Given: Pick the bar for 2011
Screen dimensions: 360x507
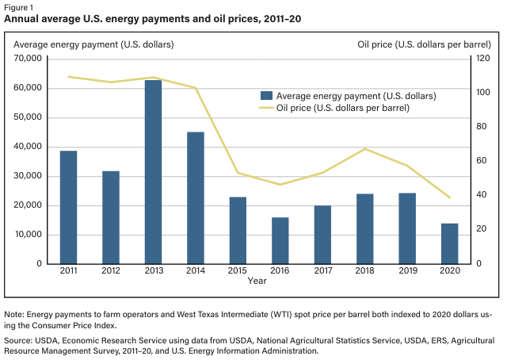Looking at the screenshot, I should click(x=68, y=207).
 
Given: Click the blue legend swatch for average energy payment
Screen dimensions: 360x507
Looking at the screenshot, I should click(x=265, y=95).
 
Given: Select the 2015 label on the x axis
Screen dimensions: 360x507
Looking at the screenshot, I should click(x=238, y=271).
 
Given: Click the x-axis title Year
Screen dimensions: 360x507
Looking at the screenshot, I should click(x=257, y=281).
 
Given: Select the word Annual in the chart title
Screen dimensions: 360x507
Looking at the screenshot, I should click(x=24, y=17).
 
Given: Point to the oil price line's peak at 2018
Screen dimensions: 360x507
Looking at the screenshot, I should click(x=364, y=149).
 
